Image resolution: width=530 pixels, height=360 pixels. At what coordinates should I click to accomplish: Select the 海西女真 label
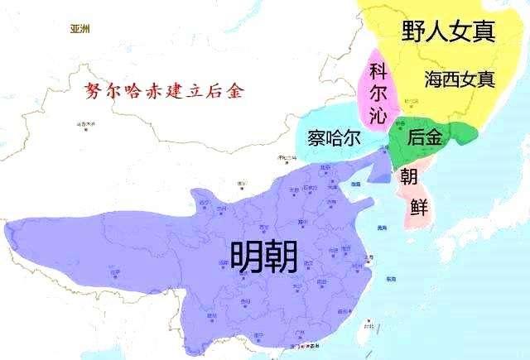click(460, 79)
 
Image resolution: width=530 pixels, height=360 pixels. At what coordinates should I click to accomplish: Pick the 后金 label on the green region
click(425, 138)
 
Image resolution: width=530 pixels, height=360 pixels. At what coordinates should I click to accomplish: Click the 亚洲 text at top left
click(80, 29)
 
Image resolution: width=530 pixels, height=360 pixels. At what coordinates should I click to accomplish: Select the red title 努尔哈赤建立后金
click(157, 92)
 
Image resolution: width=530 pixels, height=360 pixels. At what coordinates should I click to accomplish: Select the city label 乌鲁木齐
click(83, 124)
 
